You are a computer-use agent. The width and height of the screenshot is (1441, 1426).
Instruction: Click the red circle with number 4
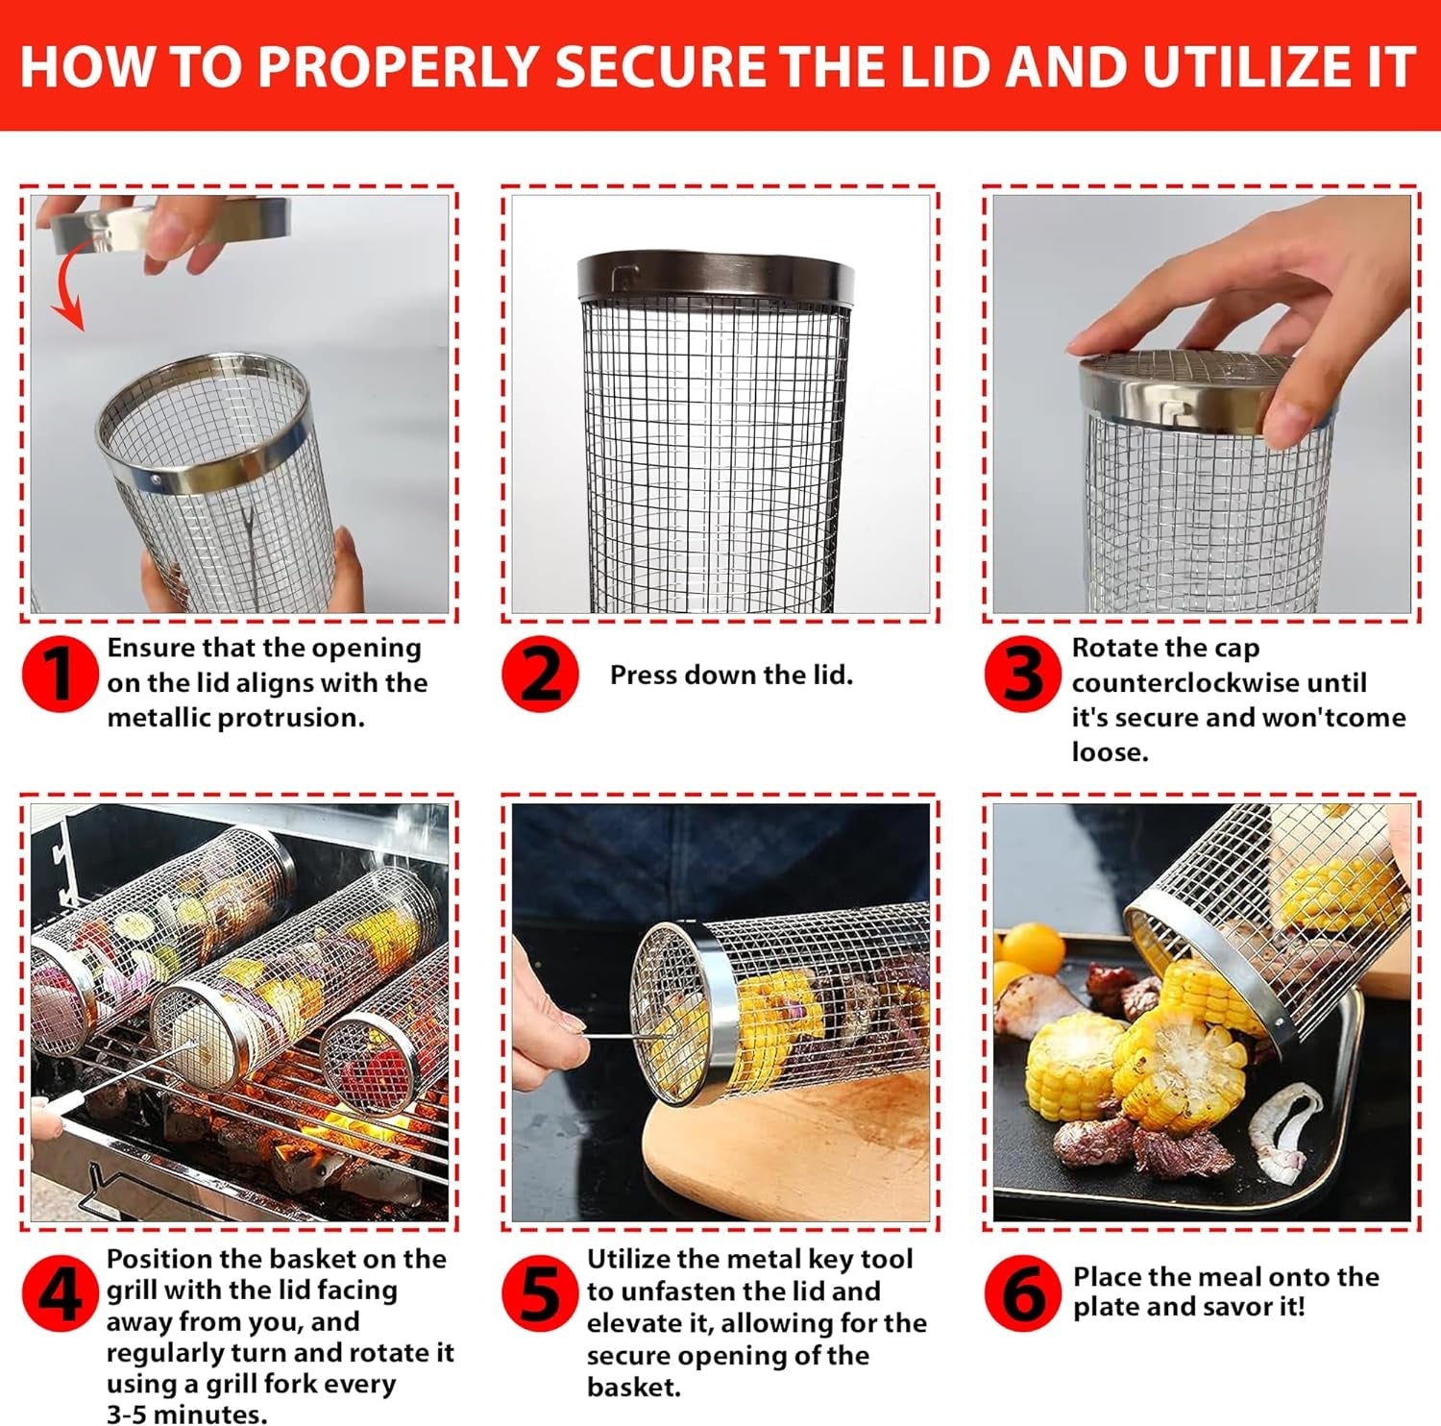(60, 1293)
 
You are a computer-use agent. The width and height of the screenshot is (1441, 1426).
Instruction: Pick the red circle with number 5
(540, 1293)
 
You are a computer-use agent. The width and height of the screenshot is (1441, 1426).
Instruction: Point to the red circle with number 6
(1023, 1293)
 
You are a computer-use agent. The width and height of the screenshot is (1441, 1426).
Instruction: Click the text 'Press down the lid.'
(731, 676)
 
